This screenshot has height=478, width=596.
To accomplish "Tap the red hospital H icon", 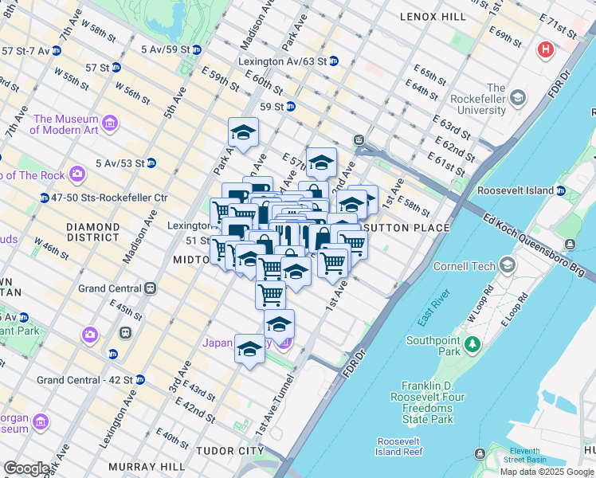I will [x=546, y=49].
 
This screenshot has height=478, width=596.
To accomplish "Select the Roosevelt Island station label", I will [x=516, y=190].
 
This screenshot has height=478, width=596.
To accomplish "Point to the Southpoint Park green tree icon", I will [x=473, y=344].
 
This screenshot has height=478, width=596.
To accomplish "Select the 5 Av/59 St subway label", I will [x=166, y=49].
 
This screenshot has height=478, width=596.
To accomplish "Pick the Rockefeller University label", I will [x=496, y=99].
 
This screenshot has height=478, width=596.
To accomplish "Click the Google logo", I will [x=26, y=468].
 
